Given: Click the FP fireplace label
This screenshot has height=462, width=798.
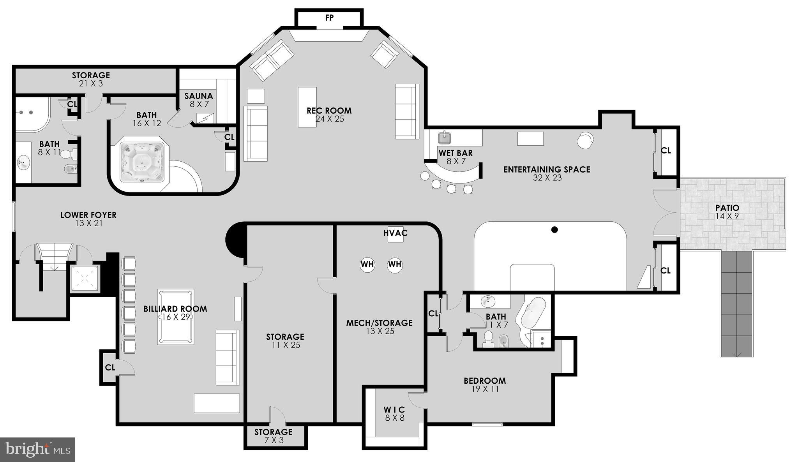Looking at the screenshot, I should [329, 18].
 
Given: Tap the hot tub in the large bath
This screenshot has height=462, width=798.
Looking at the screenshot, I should [141, 162].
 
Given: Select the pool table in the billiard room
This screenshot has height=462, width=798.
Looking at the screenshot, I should [175, 317].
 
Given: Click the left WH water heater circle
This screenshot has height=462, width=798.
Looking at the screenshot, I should [367, 265].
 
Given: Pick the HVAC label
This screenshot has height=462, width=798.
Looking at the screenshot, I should [395, 233].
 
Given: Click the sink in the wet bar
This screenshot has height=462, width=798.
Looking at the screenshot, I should [445, 138].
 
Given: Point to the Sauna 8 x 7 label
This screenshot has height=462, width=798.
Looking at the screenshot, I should [199, 100].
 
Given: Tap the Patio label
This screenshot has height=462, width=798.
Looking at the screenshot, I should [727, 212].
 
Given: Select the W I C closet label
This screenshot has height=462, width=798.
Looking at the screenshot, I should [394, 414].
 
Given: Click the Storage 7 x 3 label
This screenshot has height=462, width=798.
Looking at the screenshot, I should [274, 436].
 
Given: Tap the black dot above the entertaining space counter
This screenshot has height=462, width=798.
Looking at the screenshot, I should [554, 230].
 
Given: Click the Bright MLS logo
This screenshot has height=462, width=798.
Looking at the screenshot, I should [38, 450].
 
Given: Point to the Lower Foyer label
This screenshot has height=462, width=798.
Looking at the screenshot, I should [88, 219].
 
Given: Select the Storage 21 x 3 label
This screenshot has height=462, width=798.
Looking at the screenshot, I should [91, 79].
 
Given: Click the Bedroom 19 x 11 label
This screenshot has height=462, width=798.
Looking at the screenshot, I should [485, 384].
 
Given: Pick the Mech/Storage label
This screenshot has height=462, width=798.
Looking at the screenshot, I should [380, 326].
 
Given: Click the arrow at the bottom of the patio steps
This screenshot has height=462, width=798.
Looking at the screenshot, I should [736, 354].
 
